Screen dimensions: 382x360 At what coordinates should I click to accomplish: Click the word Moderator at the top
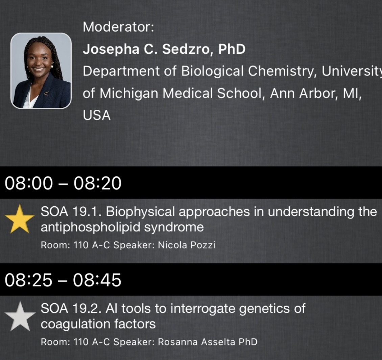coord(118,27)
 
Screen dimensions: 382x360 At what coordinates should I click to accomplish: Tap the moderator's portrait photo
coord(41,71)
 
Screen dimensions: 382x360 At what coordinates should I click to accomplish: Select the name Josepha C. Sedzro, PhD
coord(164,49)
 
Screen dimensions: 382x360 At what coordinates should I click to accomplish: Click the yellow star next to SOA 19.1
coord(20,219)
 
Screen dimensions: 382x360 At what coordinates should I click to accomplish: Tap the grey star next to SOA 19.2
coord(20,316)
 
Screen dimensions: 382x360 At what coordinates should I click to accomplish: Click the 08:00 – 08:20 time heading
coord(63,183)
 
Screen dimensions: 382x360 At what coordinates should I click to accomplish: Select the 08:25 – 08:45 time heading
coord(63,280)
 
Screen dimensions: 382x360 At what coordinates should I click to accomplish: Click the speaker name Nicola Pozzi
coord(187,245)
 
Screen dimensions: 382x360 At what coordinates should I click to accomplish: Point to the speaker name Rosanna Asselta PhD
coord(208,342)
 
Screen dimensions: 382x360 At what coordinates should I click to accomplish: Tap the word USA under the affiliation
coord(97,115)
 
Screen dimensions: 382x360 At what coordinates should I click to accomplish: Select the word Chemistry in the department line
coord(283,71)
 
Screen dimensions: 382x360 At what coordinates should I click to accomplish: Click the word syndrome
coord(174,227)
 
